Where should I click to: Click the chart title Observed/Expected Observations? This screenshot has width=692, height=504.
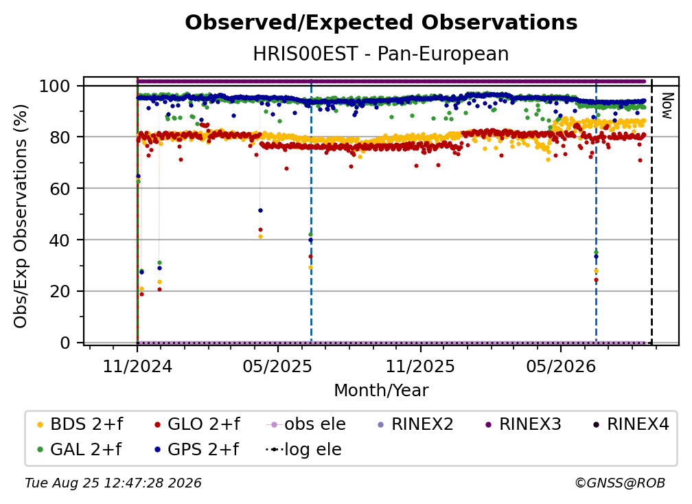(381, 23)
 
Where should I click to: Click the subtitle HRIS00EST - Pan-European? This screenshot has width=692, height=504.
(381, 54)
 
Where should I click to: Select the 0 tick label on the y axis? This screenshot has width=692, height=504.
(65, 343)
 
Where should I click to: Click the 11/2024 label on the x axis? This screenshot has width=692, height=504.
(137, 366)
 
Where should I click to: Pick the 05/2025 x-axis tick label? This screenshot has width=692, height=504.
(277, 366)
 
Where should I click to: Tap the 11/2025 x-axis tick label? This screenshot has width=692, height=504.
(420, 366)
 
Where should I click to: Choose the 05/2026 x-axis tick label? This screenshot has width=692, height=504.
(560, 366)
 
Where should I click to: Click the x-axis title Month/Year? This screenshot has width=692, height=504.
(381, 390)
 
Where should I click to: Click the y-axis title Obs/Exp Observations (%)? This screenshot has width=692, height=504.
(21, 216)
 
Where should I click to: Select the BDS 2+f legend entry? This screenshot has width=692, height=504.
(80, 424)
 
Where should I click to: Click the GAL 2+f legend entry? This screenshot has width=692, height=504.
(79, 449)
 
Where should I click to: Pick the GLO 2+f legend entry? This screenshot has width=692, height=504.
(197, 424)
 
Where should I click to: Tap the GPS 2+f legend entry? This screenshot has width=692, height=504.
(196, 449)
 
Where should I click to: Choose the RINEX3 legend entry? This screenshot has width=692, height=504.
(523, 424)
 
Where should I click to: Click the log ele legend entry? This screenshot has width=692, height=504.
(303, 449)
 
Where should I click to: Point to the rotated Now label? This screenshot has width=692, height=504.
(667, 106)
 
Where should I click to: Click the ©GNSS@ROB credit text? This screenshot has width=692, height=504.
(620, 483)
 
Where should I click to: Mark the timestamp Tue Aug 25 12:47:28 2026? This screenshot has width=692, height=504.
(113, 483)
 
